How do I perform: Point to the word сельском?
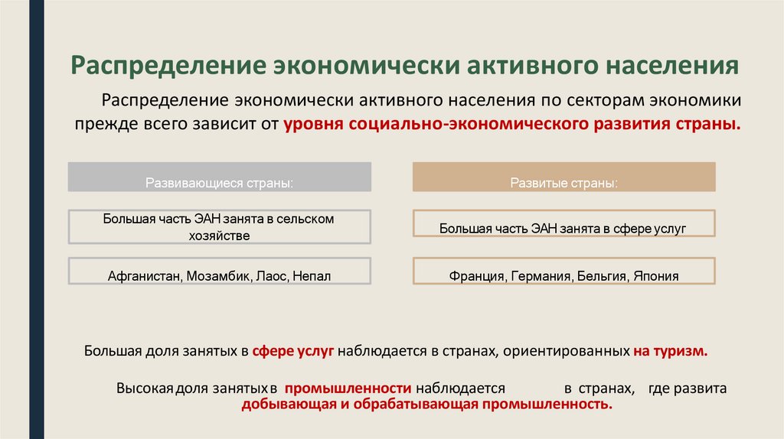tap(305, 219)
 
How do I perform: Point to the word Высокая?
tap(145, 389)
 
